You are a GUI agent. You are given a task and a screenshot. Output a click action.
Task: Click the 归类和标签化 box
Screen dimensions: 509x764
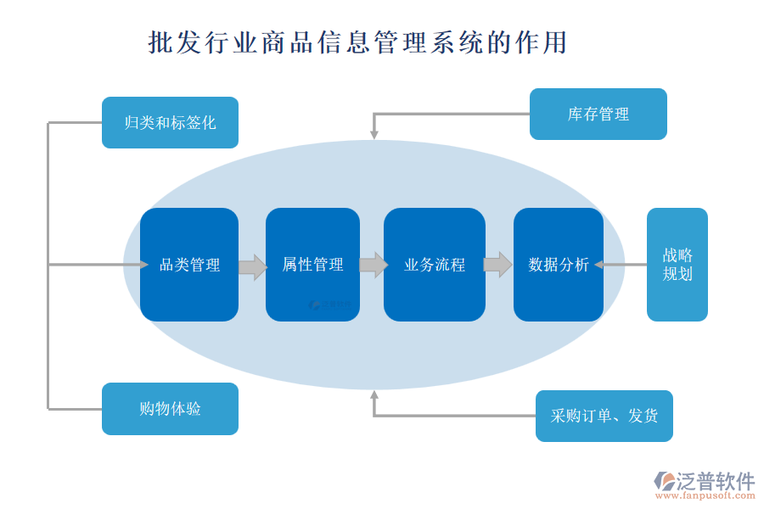(170, 122)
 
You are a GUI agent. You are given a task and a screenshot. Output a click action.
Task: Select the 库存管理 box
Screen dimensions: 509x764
(598, 114)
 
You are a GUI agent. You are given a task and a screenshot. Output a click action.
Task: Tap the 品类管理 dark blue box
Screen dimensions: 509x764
(189, 265)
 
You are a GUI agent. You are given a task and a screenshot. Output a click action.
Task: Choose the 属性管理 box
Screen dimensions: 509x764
(312, 265)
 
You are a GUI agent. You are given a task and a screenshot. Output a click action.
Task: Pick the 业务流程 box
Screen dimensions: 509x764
(435, 265)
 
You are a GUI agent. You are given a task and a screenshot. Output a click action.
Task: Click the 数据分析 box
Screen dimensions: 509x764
(559, 265)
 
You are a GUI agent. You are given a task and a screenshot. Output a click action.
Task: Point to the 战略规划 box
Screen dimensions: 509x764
(677, 265)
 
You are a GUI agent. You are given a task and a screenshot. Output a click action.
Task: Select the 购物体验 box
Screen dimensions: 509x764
(170, 409)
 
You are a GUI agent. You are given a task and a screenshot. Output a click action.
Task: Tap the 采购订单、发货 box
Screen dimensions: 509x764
(604, 416)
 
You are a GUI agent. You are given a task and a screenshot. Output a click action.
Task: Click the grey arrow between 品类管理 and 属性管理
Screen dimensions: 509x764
(252, 266)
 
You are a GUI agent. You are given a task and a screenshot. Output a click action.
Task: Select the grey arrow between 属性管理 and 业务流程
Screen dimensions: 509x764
(374, 265)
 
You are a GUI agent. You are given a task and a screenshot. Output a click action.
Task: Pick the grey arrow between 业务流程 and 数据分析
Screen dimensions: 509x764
(497, 265)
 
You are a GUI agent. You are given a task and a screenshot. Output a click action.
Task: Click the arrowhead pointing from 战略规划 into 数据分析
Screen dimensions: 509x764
(598, 265)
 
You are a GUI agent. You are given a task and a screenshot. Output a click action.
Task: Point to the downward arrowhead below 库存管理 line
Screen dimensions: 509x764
(374, 134)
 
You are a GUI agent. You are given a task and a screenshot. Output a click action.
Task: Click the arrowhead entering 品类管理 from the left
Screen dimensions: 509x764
(143, 265)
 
